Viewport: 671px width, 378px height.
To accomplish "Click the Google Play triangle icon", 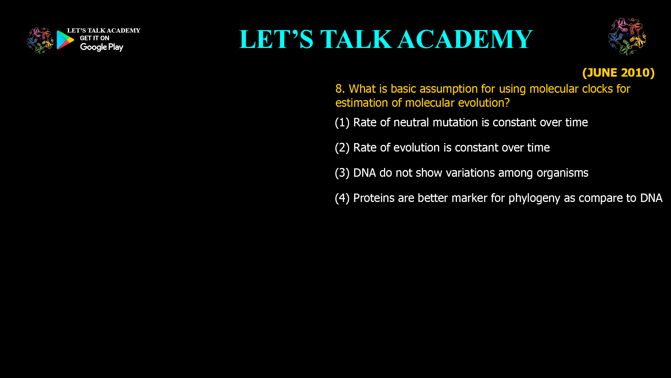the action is [x=65, y=40].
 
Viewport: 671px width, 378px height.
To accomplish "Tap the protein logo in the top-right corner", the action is [x=627, y=36].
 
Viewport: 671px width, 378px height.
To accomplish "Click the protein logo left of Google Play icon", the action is [x=40, y=41].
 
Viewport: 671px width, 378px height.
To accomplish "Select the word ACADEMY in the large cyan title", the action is [x=465, y=39].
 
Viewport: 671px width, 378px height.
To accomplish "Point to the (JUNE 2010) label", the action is [x=618, y=72].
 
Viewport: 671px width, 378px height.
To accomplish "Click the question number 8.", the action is [x=340, y=89].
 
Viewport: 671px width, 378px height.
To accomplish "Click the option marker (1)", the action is [x=342, y=122].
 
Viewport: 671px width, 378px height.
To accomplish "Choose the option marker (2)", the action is [x=342, y=148].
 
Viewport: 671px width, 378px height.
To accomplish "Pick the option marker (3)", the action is [x=342, y=173].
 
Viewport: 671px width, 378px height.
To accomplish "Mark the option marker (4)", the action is [x=342, y=198].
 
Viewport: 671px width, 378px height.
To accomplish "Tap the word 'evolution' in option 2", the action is [x=417, y=148].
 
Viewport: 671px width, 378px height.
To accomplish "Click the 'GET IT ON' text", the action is [x=95, y=38].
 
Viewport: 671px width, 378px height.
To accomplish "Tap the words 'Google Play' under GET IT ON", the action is [x=102, y=47].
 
